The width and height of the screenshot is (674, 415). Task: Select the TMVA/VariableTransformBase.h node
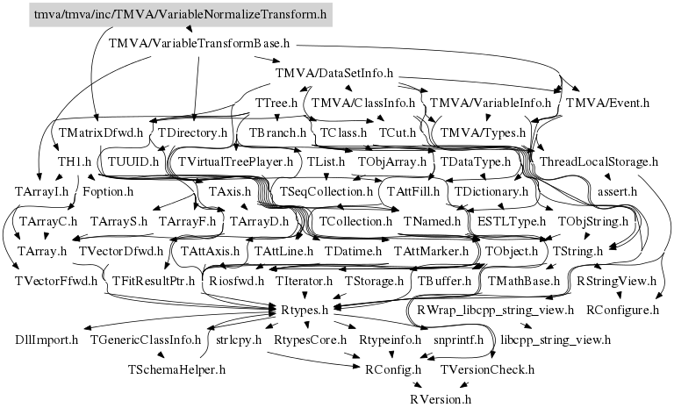tap(199, 42)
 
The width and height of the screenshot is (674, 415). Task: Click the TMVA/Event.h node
tap(608, 103)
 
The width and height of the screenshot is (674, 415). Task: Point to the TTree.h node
tap(276, 104)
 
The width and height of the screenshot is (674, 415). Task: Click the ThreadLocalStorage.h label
tap(599, 162)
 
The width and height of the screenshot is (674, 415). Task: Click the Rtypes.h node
tap(306, 310)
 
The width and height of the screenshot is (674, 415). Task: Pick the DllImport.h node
tap(47, 340)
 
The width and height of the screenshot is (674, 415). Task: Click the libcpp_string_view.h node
tap(555, 340)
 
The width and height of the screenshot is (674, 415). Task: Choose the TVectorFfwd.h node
tap(56, 281)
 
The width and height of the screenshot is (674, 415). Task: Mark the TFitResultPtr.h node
tap(154, 281)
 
